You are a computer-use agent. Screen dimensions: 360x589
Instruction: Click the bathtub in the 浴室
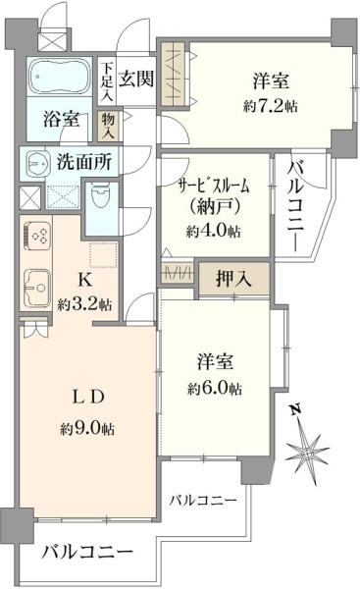(60, 77)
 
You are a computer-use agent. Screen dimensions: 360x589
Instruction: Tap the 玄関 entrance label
(136, 80)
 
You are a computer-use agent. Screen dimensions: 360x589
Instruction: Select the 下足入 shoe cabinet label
(107, 81)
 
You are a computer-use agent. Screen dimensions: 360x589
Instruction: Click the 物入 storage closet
(108, 127)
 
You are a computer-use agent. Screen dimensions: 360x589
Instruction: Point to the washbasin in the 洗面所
(37, 164)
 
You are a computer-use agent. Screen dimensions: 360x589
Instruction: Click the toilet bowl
(100, 195)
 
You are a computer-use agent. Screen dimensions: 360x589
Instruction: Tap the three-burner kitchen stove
(37, 236)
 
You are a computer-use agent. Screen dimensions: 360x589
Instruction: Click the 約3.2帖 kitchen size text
(84, 303)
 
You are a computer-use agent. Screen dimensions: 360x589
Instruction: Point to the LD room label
(87, 397)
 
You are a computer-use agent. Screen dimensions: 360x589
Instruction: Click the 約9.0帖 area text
(87, 428)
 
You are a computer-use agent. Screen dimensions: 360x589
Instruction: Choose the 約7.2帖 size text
(271, 106)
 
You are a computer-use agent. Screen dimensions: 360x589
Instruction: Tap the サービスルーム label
(214, 187)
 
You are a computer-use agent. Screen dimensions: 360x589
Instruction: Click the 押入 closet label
(233, 279)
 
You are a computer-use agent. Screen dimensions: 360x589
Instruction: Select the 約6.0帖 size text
(215, 389)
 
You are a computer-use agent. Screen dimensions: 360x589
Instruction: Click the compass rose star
(307, 453)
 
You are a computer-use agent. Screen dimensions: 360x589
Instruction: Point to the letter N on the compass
(296, 409)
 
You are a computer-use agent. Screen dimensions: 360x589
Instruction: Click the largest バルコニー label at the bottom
(87, 552)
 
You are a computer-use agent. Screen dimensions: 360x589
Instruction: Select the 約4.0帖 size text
(214, 231)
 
